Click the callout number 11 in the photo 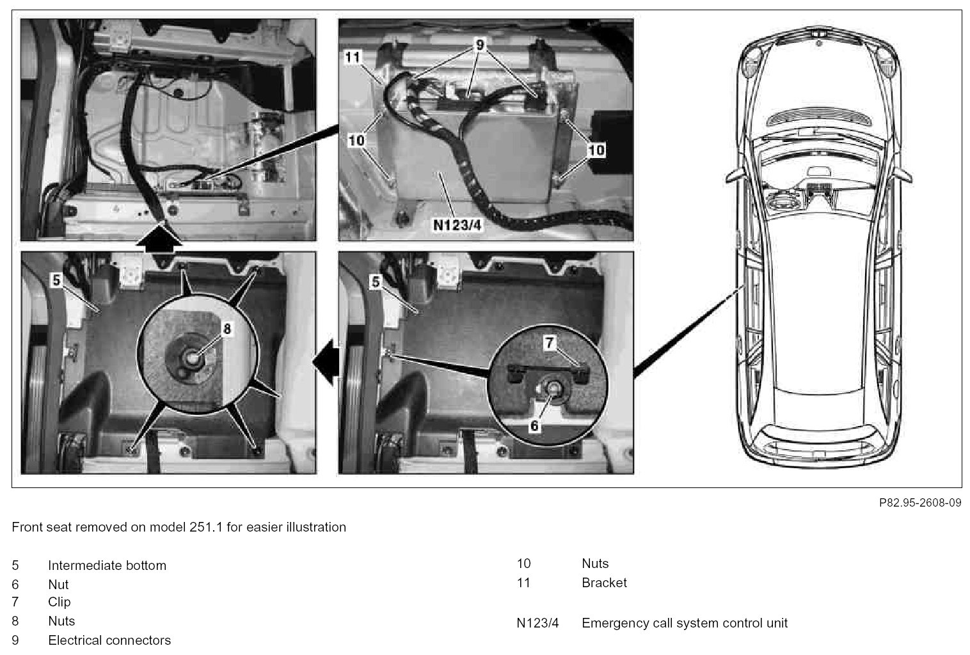click(x=353, y=58)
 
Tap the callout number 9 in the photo click(x=480, y=45)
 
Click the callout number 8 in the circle click(x=227, y=329)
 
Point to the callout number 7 click(x=550, y=343)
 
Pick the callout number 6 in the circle click(x=534, y=424)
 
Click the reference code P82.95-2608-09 click(x=919, y=503)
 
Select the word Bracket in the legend click(x=604, y=583)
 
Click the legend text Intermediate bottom click(x=107, y=565)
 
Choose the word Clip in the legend click(x=60, y=602)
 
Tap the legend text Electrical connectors click(x=109, y=640)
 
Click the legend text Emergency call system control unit click(x=685, y=623)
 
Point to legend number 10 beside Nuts click(x=524, y=564)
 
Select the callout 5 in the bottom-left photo click(x=56, y=280)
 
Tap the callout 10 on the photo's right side click(x=596, y=150)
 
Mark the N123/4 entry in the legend click(x=537, y=623)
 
